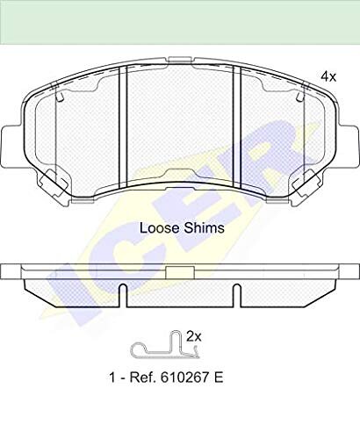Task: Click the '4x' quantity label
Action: (x=328, y=77)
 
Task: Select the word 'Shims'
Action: (x=204, y=228)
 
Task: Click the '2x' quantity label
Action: (x=194, y=337)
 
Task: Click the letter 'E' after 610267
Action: (x=219, y=378)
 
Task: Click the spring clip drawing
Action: (x=165, y=345)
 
